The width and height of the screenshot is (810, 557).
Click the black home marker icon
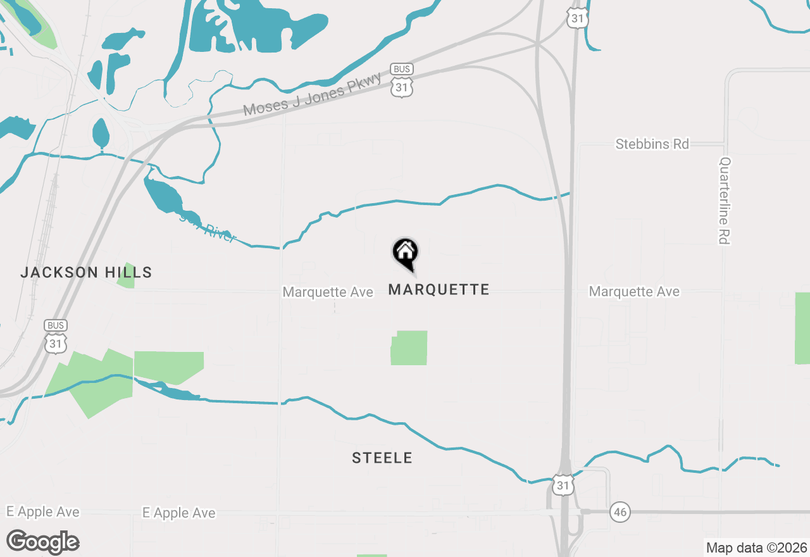pyautogui.click(x=406, y=253)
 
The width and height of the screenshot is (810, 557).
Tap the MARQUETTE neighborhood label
pyautogui.click(x=439, y=290)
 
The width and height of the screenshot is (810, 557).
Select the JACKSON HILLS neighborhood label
pyautogui.click(x=86, y=273)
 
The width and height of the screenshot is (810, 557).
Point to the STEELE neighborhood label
pyautogui.click(x=382, y=458)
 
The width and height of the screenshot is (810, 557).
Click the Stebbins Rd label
pyautogui.click(x=652, y=144)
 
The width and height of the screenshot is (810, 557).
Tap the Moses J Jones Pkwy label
pyautogui.click(x=313, y=94)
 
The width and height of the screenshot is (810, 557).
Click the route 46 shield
pyautogui.click(x=620, y=512)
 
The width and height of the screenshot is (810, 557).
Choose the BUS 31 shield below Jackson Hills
pyautogui.click(x=56, y=337)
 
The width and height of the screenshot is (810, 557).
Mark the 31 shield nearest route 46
pyautogui.click(x=563, y=484)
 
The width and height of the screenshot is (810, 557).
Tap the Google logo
pyautogui.click(x=43, y=542)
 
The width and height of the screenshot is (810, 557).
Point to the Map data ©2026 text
pyautogui.click(x=756, y=548)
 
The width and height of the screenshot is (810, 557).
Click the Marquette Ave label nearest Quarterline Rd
pyautogui.click(x=634, y=292)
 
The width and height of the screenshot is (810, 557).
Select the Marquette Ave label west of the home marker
pyautogui.click(x=328, y=292)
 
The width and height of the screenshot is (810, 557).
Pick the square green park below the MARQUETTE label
pyautogui.click(x=409, y=347)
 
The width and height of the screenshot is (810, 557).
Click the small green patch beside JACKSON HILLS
pyautogui.click(x=126, y=276)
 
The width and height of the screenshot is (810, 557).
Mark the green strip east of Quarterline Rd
pyautogui.click(x=802, y=328)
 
